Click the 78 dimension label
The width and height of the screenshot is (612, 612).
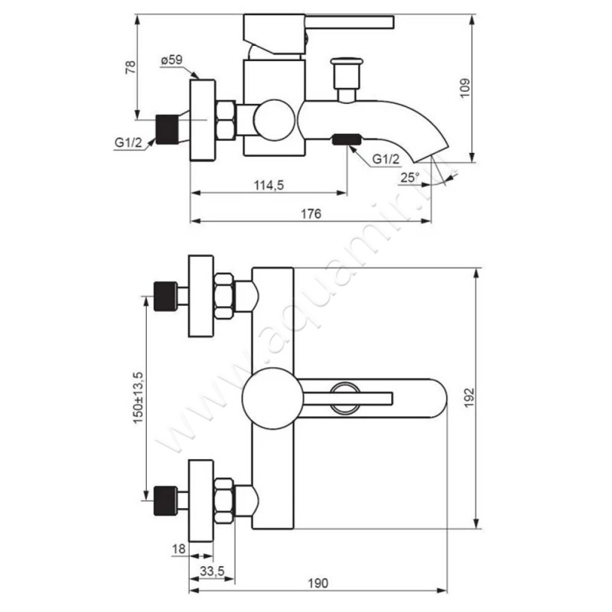coord(131,67)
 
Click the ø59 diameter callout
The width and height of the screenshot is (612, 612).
coord(171,60)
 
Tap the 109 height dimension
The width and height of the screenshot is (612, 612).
coord(465,88)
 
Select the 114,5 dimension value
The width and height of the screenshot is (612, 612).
coord(269,185)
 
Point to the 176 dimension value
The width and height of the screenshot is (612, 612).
coord(311,214)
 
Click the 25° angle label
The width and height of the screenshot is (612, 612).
coord(409,178)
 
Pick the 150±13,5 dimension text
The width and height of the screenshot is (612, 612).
coord(138,398)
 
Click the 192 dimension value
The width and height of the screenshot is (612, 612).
coord(469,398)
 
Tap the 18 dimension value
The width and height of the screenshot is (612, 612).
coord(179,549)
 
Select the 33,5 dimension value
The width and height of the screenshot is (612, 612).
coord(213,571)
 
